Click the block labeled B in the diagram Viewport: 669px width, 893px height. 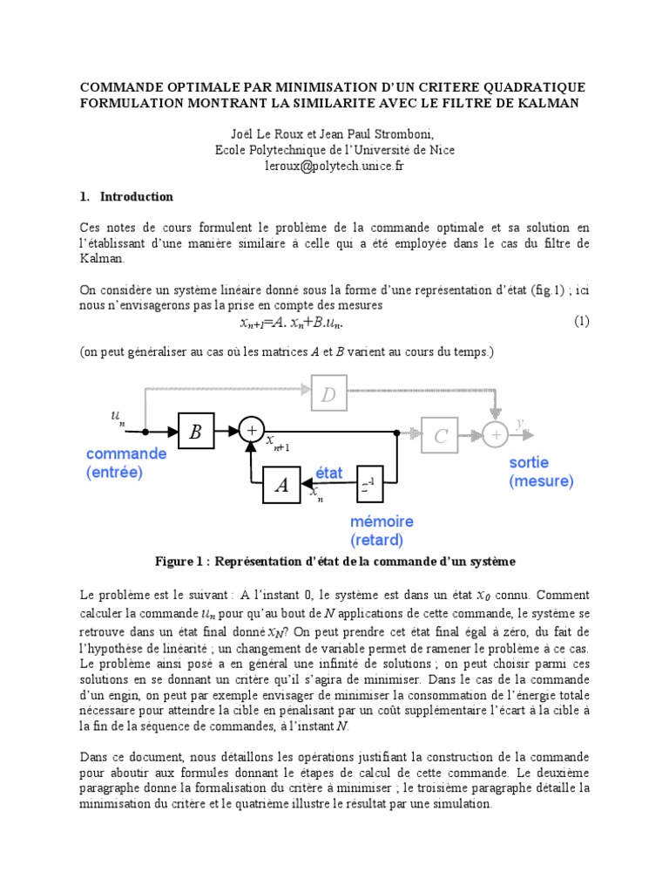195,432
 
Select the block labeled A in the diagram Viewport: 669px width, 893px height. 281,486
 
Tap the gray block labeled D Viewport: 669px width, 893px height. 328,396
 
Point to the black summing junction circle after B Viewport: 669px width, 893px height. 252,430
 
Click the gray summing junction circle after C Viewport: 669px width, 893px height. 497,433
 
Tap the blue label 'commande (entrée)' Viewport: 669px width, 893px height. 125,463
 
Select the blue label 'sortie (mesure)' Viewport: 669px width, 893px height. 541,472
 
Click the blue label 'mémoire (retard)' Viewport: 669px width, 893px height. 382,530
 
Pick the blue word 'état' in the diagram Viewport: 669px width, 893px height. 328,473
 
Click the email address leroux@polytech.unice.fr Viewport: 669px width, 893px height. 334,166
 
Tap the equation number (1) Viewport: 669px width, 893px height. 581,321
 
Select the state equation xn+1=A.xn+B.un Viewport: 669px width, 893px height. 291,323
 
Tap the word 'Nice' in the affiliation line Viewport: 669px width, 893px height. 439,150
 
